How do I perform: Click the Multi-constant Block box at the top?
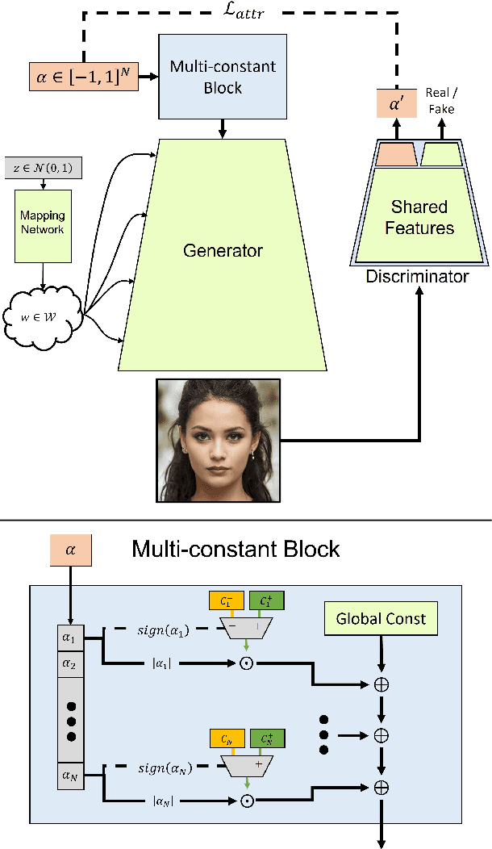pos(223,77)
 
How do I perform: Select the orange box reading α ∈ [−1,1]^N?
pos(84,77)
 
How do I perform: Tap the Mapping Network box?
pos(43,226)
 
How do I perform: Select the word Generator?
pos(223,251)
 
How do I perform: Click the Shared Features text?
pos(419,217)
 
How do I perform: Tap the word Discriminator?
pos(417,276)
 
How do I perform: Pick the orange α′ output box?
pos(397,103)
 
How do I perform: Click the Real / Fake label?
pos(441,101)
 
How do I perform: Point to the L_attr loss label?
pos(244,10)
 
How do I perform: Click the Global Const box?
pos(381,619)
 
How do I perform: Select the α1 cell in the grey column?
pos(70,638)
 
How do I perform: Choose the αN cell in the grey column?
pos(70,776)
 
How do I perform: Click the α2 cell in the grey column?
pos(70,665)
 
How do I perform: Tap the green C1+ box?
pos(266,601)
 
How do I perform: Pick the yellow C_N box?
pos(227,738)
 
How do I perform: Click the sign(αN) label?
pos(165,767)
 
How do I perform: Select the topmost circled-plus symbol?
pos(382,684)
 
